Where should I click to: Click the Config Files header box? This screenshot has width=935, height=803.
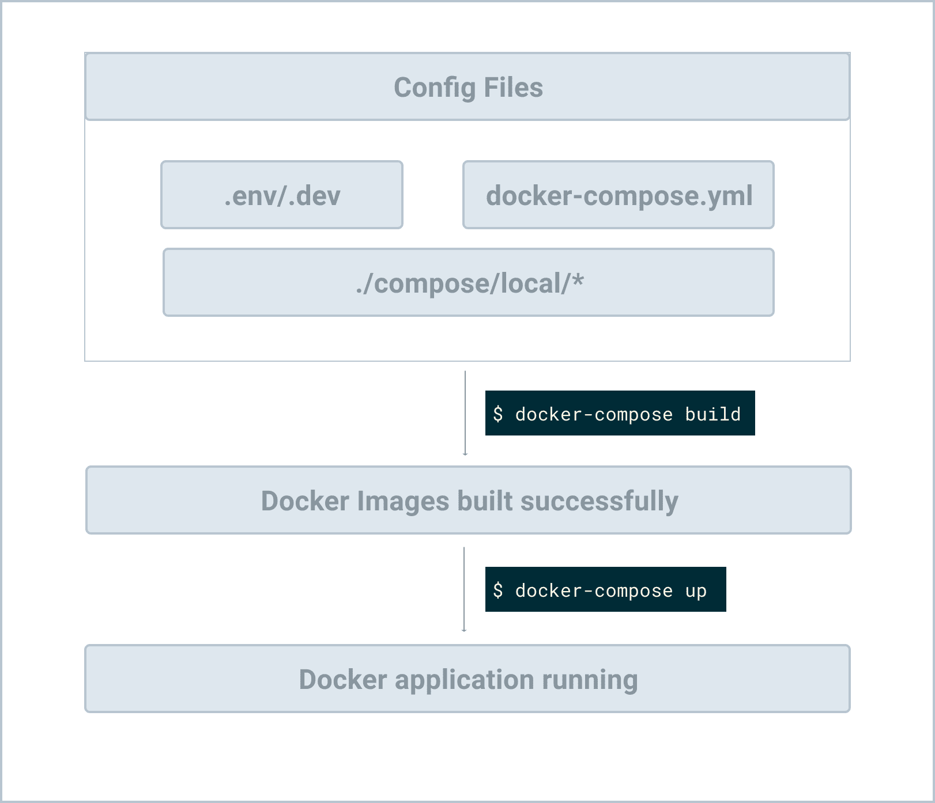(467, 87)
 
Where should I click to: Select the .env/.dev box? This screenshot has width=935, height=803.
(282, 195)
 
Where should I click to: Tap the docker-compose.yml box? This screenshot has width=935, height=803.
(619, 195)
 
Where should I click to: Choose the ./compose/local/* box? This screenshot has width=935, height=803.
(469, 283)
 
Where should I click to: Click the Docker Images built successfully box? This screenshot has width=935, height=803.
(469, 501)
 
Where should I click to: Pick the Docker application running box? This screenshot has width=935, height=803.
(467, 679)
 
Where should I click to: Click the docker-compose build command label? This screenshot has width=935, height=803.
(620, 414)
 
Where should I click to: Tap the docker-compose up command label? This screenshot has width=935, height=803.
(605, 590)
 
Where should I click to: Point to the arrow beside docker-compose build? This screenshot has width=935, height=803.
(465, 413)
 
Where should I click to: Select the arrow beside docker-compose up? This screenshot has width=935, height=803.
(464, 589)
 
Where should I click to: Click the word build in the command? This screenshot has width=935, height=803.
(712, 414)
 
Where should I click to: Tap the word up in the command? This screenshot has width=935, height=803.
(696, 591)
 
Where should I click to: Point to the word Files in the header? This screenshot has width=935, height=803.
(513, 88)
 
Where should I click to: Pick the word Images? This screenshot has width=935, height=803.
(403, 501)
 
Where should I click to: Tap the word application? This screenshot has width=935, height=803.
(464, 680)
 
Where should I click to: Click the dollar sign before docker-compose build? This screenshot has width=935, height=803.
(498, 414)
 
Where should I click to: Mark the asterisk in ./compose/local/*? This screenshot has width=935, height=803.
(578, 280)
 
